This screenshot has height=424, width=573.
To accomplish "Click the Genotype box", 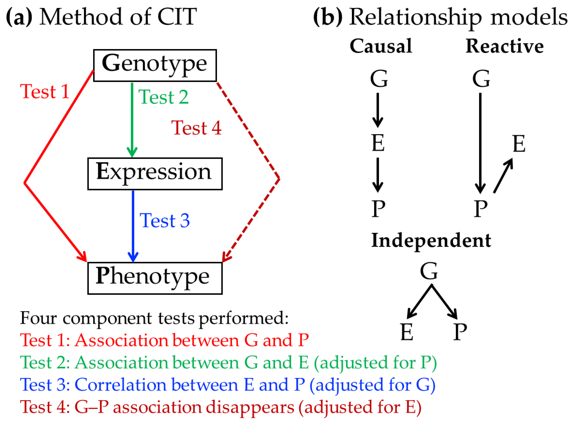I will [x=155, y=66].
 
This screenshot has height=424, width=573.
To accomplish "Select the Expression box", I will [x=155, y=174].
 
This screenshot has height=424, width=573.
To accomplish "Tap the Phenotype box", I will [x=155, y=278].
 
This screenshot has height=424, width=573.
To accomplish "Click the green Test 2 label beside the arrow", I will [x=163, y=97].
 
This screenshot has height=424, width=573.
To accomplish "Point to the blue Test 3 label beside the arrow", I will [x=164, y=220].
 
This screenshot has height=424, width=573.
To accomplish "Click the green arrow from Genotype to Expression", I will [x=132, y=118].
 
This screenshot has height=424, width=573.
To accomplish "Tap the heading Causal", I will [x=381, y=46].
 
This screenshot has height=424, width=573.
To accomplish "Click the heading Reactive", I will [x=504, y=46].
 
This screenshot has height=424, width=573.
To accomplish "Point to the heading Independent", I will [x=431, y=240].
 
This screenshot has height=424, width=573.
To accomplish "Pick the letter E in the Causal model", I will [x=378, y=143].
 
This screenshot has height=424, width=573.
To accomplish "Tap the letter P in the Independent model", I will [x=460, y=332].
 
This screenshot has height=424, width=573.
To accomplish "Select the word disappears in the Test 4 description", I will [x=250, y=407].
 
